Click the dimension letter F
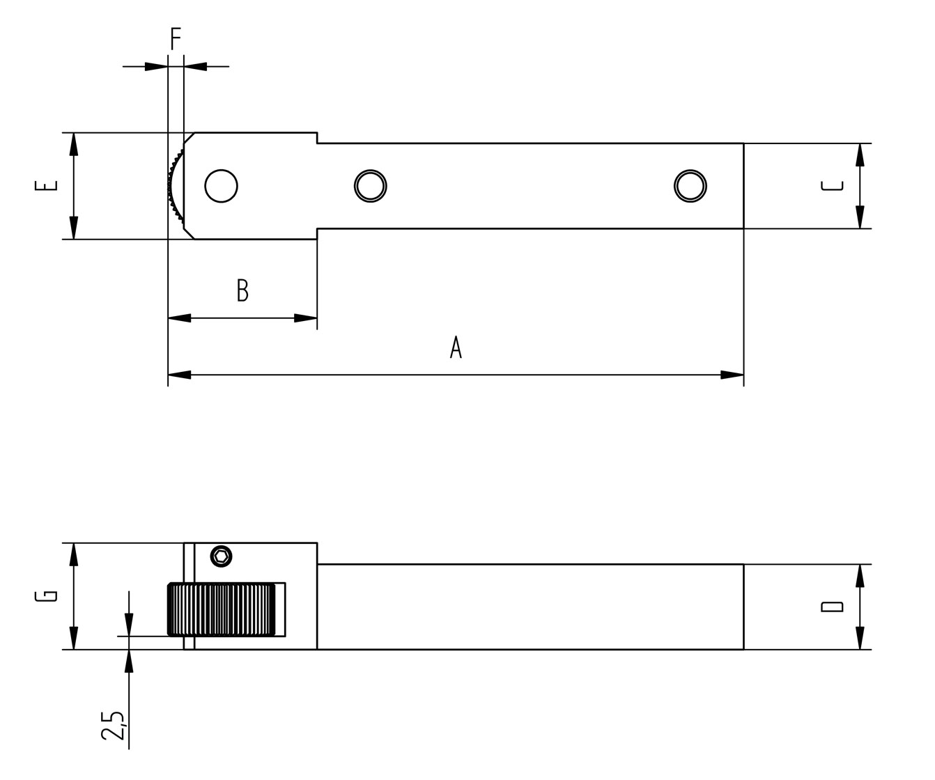(176, 39)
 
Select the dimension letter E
(46, 185)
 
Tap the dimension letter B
(242, 290)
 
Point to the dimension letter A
(456, 347)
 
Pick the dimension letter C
(832, 186)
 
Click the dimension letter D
(832, 607)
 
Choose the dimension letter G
(46, 596)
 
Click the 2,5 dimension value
(112, 725)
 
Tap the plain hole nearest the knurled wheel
(222, 186)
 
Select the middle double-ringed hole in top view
(371, 186)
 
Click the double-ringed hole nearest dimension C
(690, 186)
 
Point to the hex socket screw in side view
(222, 556)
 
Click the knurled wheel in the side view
(222, 609)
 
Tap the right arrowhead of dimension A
(732, 375)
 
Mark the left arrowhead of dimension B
(180, 318)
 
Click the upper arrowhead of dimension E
(74, 144)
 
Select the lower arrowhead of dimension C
(860, 217)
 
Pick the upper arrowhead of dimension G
(74, 555)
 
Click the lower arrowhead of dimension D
(860, 638)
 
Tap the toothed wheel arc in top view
(176, 186)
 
